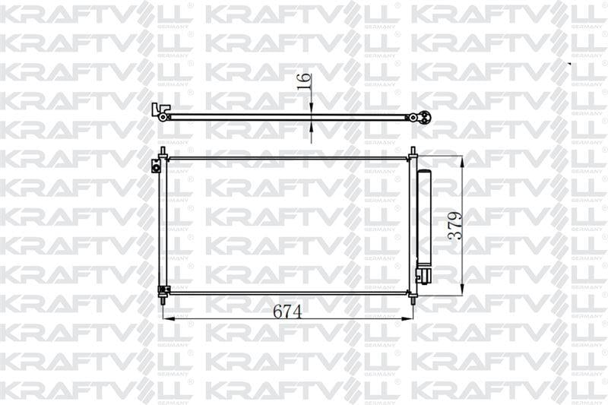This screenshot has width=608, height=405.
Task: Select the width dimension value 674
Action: coord(287,312)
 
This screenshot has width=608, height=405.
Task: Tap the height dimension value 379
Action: coord(454,225)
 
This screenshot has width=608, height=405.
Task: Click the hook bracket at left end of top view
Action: coord(160,110)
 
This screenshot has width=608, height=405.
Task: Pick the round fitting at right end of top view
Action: coord(424,117)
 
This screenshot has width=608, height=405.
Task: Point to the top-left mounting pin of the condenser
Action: coord(163,151)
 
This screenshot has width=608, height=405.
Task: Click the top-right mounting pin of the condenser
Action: coord(413,151)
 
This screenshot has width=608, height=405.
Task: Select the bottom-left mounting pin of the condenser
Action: coord(163,300)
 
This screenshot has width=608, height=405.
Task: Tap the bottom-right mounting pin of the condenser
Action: coord(413,299)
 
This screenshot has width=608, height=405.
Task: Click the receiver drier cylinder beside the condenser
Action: coord(423,217)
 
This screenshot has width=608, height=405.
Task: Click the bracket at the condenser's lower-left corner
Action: coord(162,290)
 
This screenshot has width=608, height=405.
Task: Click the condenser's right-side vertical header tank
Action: coord(413,224)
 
